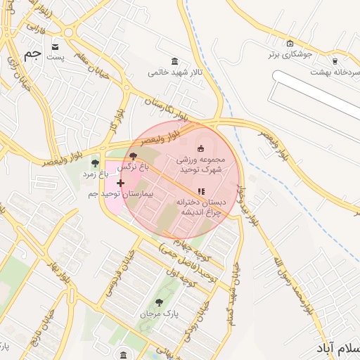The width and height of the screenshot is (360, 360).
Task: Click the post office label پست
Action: tap(57, 58)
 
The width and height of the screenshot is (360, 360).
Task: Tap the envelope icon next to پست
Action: tap(55, 46)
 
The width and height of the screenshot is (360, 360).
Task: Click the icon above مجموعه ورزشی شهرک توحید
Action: tap(200, 148)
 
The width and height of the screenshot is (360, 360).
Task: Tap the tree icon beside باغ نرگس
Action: tap(134, 157)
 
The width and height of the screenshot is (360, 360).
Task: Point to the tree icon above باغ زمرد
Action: tap(95, 163)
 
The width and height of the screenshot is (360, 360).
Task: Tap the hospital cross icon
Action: tap(120, 183)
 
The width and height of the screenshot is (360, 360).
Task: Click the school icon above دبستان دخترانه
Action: tap(201, 191)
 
